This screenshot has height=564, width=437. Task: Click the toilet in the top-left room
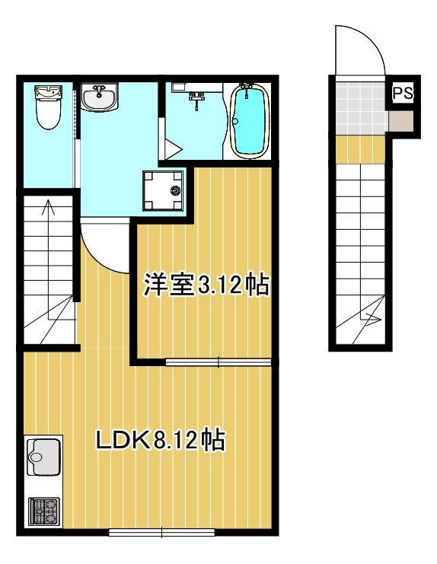click(47, 107)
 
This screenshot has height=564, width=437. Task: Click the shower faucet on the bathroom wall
click(198, 96)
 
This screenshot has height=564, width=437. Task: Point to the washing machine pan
click(162, 190)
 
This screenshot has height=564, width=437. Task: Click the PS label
click(403, 94)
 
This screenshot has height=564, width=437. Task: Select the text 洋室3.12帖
click(206, 285)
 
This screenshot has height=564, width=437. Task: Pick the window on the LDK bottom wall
click(162, 532)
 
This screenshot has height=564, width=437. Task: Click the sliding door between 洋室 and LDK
click(218, 362)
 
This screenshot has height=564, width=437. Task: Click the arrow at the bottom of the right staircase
click(370, 319)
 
